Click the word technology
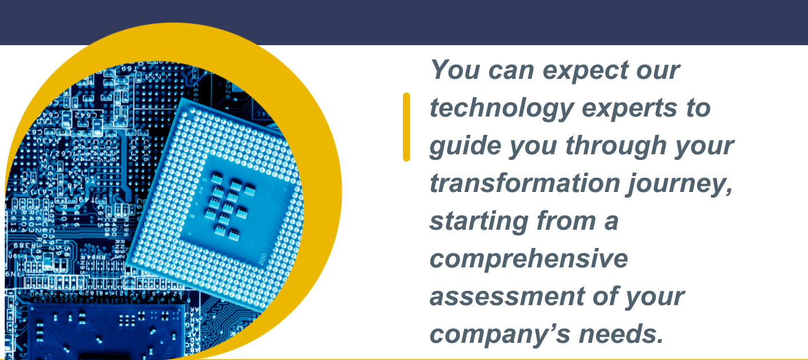point(502,108)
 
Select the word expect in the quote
point(586,70)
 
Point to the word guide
point(465,146)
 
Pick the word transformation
point(525,183)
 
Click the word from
point(566,221)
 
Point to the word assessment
point(507,297)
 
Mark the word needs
point(621,334)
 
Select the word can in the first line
point(511,71)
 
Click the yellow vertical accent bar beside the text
point(406,127)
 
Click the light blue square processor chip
point(215,205)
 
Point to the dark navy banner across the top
point(404,22)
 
